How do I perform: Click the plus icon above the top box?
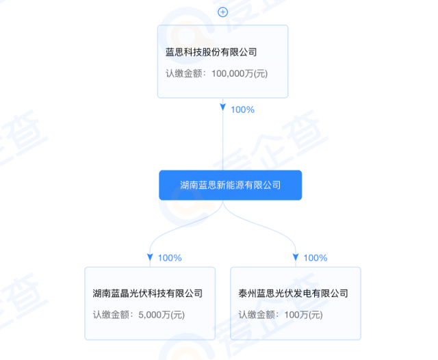(x=222, y=12)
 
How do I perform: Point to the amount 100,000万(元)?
(x=235, y=73)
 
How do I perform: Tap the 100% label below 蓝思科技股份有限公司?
(x=242, y=110)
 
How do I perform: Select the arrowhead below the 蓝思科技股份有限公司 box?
(x=222, y=108)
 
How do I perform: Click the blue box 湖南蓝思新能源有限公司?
(x=230, y=185)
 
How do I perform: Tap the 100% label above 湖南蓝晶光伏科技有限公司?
(x=169, y=258)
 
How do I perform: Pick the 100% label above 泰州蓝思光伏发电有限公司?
(x=315, y=258)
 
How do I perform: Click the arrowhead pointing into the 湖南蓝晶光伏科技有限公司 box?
(x=150, y=257)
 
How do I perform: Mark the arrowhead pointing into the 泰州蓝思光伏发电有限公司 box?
(x=296, y=257)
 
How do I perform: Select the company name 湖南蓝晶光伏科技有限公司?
(x=148, y=294)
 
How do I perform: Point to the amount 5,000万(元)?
(x=162, y=315)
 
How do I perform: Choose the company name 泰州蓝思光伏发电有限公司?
(x=294, y=294)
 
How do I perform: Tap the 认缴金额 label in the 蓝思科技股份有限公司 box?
(x=183, y=73)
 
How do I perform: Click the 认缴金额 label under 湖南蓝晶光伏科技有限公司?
(x=111, y=315)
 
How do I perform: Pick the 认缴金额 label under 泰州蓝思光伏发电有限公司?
(x=257, y=315)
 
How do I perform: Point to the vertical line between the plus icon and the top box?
(x=222, y=21)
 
